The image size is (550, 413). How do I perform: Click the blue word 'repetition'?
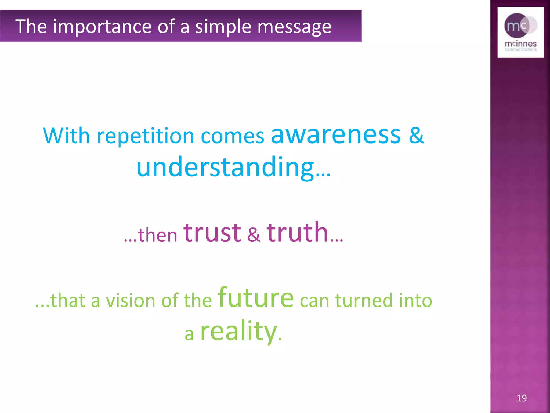pos(145,136)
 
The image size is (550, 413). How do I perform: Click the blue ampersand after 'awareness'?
pos(416,135)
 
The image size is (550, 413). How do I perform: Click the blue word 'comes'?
pos(232,137)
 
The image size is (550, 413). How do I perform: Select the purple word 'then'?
pos(157,234)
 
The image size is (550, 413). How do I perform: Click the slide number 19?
pos(521,398)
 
